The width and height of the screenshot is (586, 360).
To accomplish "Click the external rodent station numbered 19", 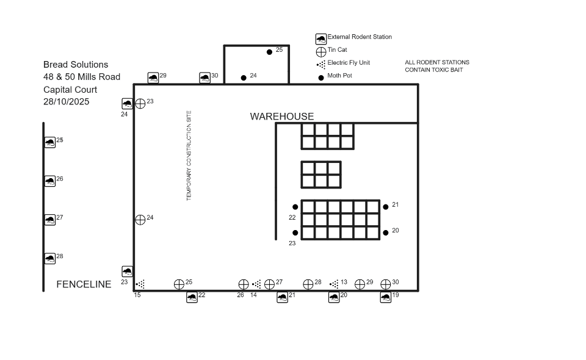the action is point(386,297).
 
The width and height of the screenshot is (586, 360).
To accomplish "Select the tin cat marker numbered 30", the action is point(386,284).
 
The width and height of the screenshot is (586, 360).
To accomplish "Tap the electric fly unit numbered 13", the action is point(334,284).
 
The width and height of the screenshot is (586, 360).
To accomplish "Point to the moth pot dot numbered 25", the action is point(269,52).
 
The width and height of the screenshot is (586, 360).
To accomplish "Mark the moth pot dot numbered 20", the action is point(386,232).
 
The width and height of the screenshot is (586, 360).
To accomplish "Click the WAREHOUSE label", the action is point(282,117).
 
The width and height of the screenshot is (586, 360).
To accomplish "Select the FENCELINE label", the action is point(84,284).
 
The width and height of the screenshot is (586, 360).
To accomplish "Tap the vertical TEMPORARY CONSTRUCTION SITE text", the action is point(189,156).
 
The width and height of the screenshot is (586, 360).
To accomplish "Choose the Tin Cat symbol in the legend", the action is point(321,52).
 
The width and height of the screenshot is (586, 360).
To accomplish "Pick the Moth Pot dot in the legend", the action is point(321,77).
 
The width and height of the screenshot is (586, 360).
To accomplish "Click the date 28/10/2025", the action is point(66,101).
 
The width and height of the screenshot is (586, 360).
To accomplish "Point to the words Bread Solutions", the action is point(76,65).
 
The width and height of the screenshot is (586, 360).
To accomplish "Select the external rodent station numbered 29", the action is point(153,77).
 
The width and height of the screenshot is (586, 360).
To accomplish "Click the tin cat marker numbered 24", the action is point(140,220).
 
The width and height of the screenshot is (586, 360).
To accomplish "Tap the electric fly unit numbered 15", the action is point(140,284).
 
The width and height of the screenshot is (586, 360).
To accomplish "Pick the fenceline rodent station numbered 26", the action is point(50,181).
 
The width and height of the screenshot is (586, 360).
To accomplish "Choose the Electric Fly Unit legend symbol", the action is point(321,65).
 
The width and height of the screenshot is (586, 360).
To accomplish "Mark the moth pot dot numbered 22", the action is point(295,207).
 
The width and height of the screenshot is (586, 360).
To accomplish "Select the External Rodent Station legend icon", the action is point(321,39).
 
